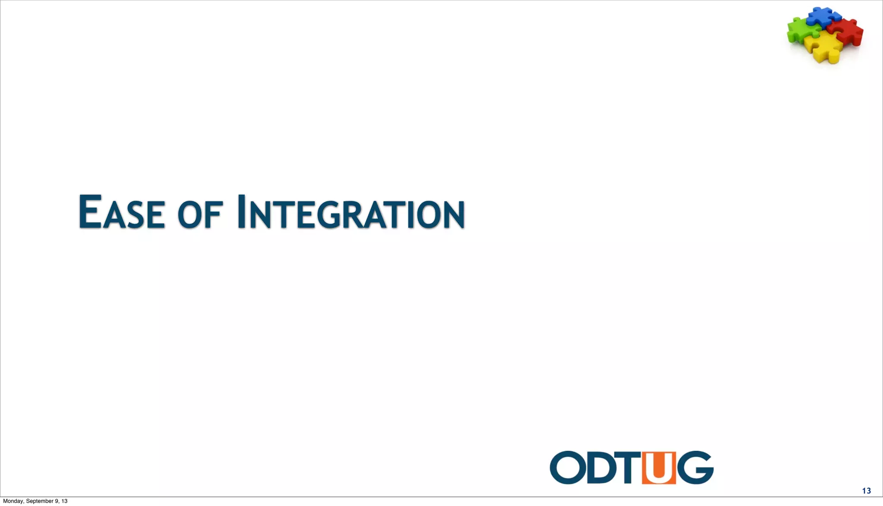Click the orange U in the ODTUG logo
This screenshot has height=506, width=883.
click(x=659, y=468)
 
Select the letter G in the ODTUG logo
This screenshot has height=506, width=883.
click(x=695, y=468)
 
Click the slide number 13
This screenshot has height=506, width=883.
click(x=866, y=491)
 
